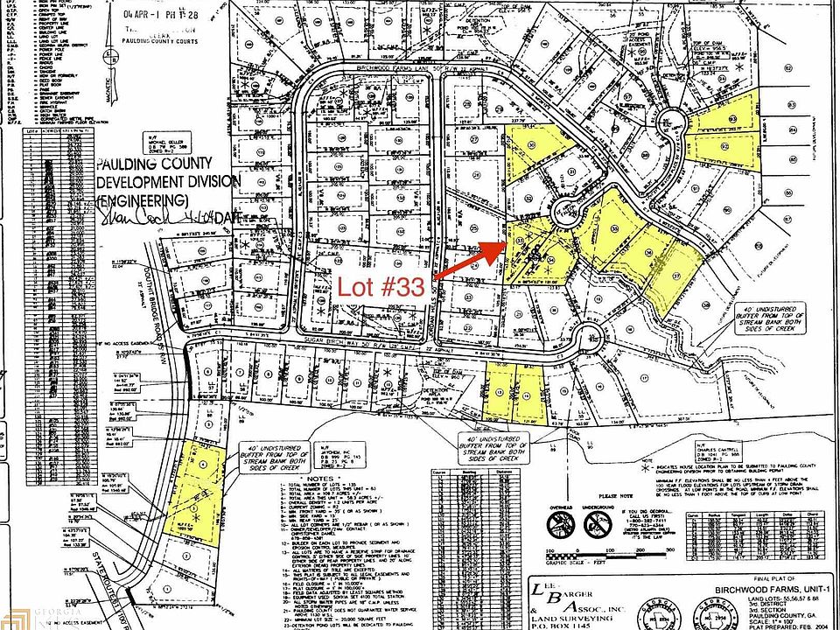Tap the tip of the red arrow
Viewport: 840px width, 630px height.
(x=505, y=241)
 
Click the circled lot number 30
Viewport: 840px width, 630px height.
(x=531, y=145)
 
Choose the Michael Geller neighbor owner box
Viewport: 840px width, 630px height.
(x=160, y=140)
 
